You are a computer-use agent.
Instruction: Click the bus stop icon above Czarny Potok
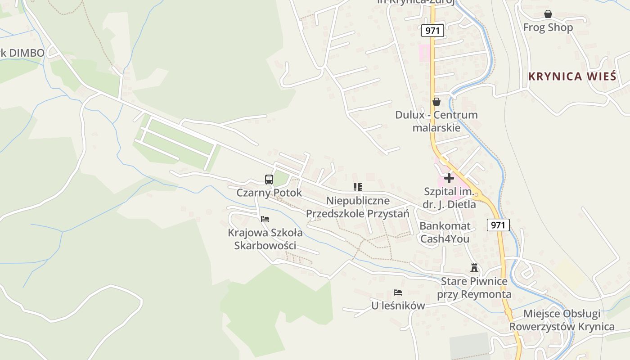[x=269, y=180]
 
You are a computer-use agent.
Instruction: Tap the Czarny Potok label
[x=269, y=193]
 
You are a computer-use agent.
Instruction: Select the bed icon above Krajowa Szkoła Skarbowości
[x=265, y=219]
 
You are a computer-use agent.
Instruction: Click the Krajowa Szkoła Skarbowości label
[x=265, y=239]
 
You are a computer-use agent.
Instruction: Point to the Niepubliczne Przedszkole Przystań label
[x=358, y=207]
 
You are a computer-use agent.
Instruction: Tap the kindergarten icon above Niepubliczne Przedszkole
[x=358, y=187]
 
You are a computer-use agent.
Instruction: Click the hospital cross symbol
[x=449, y=178]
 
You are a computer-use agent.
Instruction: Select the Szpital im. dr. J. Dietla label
[x=449, y=198]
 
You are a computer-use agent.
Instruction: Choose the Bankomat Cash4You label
[x=445, y=232]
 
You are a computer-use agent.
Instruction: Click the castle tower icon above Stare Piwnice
[x=474, y=268]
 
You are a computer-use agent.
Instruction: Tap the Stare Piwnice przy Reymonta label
[x=474, y=288]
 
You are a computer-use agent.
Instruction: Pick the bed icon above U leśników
[x=398, y=292]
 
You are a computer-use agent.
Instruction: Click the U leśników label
[x=398, y=306]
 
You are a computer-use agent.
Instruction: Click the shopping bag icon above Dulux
[x=436, y=102]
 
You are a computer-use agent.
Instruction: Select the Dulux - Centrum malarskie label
[x=436, y=121]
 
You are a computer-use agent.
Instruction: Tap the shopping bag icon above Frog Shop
[x=548, y=14]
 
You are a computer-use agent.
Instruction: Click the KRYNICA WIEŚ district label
[x=572, y=76]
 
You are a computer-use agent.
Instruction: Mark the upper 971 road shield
[x=433, y=31]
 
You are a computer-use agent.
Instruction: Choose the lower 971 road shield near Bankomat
[x=498, y=225]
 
